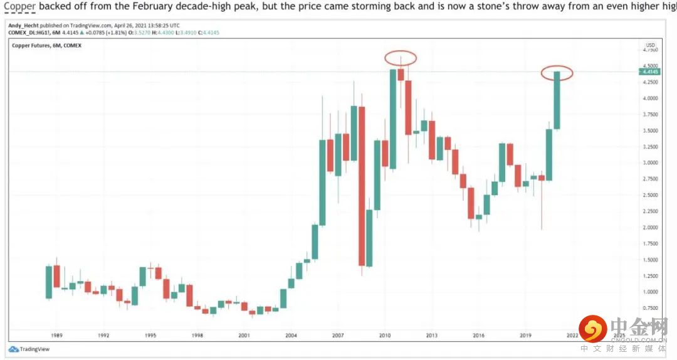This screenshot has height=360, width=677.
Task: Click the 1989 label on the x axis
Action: coord(55,336)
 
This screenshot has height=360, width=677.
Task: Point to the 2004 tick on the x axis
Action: coord(291,336)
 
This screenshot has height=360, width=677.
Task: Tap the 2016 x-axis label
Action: coord(479,336)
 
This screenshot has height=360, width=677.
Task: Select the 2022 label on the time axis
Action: coord(572,336)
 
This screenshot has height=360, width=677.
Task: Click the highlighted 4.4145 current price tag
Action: coord(651,72)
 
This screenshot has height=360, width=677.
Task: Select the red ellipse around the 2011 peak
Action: coord(401,58)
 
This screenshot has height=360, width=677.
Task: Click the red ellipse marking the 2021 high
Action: coord(557,73)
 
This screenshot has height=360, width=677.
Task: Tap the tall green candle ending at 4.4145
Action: coord(557,100)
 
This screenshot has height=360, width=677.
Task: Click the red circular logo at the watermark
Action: coord(592,328)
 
